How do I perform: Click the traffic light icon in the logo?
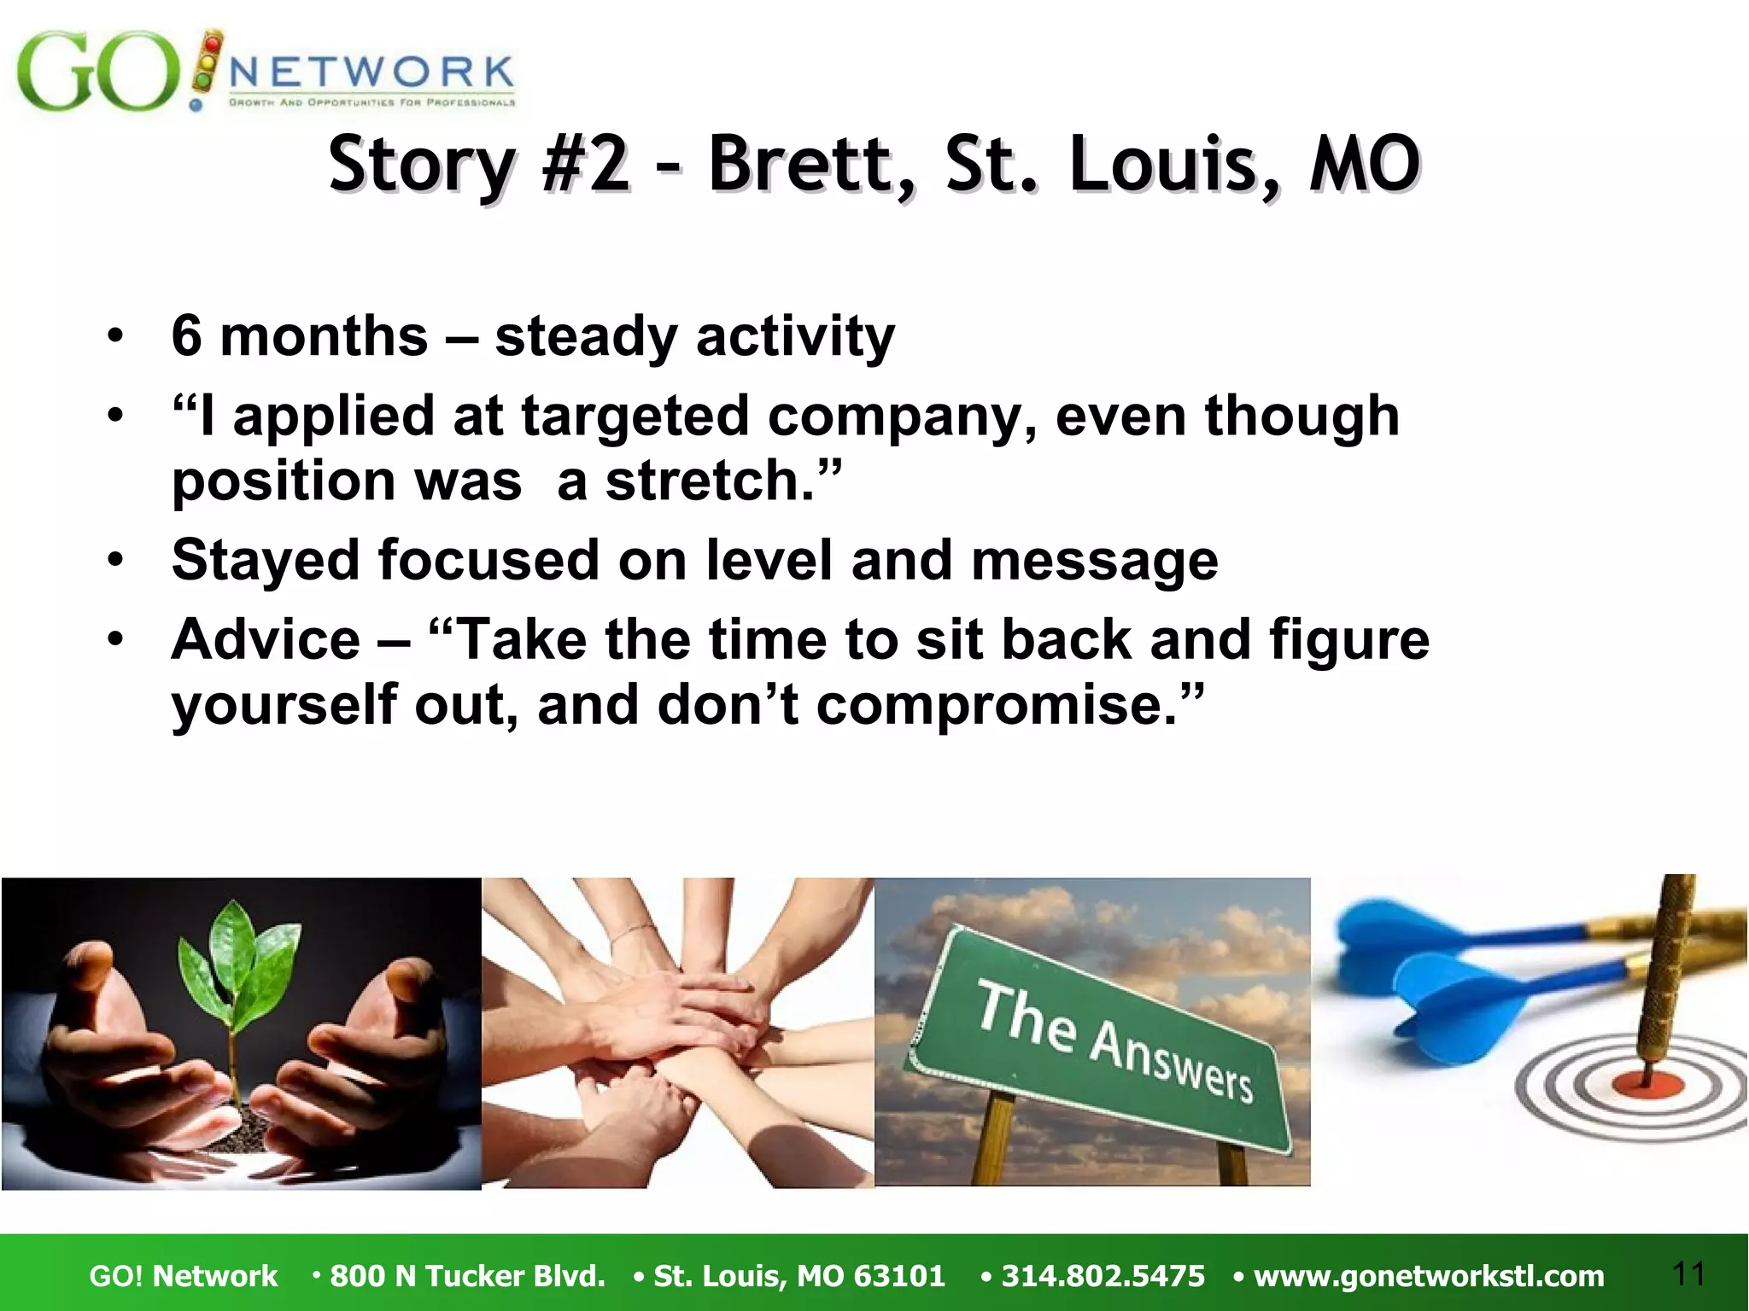coord(208,62)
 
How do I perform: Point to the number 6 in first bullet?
coord(186,336)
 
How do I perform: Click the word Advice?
coord(266,639)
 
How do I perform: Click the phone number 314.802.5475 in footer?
coord(1103,1276)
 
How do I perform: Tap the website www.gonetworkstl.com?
coord(1428,1276)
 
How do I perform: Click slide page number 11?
coord(1688,1273)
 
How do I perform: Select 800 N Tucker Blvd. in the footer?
coord(467,1276)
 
